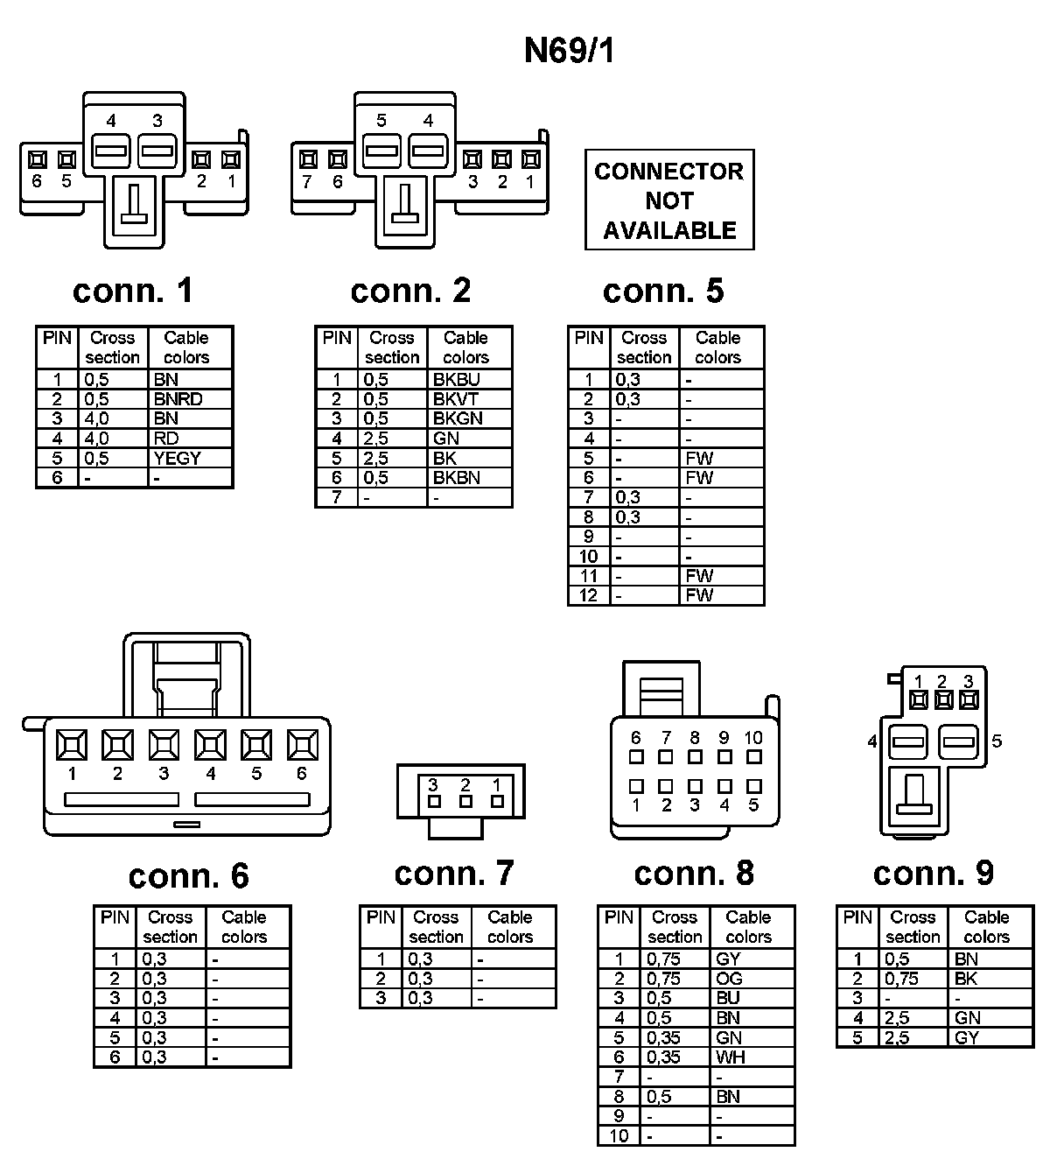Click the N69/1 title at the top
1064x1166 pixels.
[569, 51]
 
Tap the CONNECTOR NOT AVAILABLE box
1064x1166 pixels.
[669, 200]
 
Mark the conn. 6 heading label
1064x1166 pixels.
[188, 876]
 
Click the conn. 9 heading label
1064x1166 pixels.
[933, 873]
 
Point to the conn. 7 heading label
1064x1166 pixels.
[454, 873]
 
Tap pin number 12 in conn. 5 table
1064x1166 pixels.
[588, 595]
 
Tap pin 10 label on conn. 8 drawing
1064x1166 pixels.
[753, 738]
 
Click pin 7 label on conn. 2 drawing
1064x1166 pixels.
[307, 182]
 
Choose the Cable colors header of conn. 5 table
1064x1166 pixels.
[717, 348]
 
